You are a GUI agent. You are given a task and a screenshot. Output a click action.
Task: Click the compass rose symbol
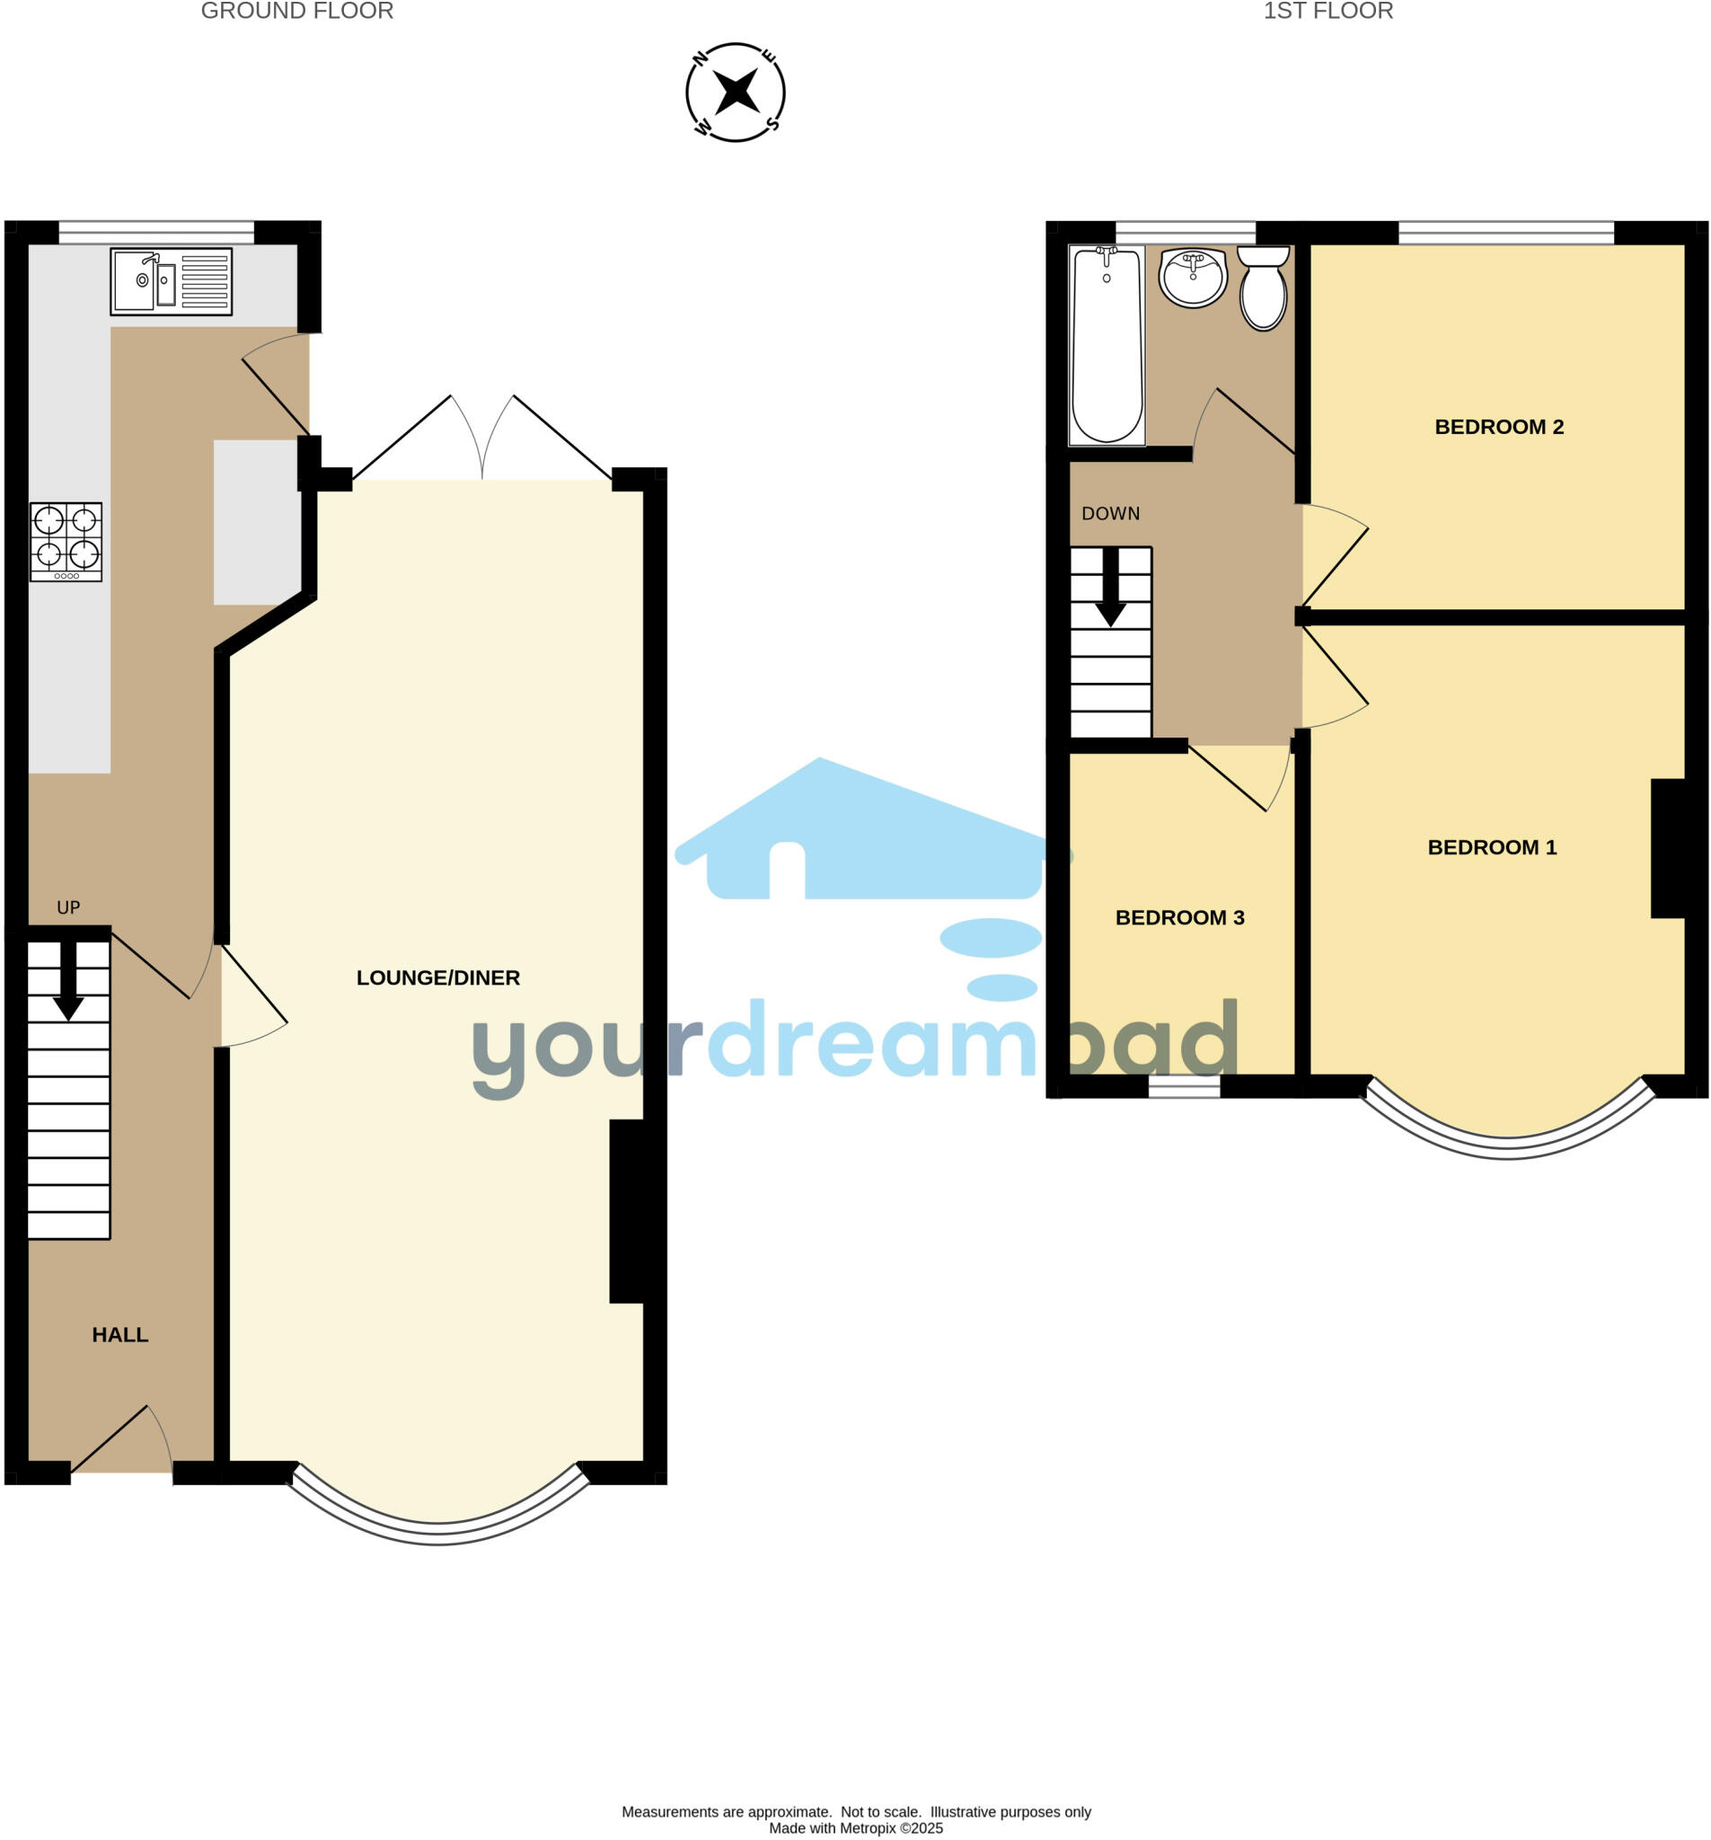(x=735, y=93)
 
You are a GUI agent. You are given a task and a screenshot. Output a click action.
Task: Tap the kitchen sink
(x=171, y=281)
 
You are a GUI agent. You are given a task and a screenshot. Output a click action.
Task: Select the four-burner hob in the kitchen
(x=66, y=542)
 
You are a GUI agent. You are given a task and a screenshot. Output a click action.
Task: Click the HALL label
(x=120, y=1335)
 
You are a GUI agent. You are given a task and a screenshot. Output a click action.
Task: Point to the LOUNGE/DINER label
(x=437, y=977)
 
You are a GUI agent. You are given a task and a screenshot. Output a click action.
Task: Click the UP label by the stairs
(x=68, y=908)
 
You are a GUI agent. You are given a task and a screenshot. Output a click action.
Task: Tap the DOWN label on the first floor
(x=1110, y=514)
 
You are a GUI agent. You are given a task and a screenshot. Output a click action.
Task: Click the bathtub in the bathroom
(x=1107, y=344)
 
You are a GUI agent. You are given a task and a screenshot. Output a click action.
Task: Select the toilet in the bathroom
(x=1263, y=288)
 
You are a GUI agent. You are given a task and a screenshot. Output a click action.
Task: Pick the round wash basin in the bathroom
(x=1194, y=278)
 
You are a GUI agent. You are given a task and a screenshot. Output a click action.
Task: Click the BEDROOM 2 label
(x=1498, y=427)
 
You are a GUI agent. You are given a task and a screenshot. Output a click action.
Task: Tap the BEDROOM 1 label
(x=1492, y=847)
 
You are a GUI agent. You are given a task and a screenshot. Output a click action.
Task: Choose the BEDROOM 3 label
(x=1179, y=917)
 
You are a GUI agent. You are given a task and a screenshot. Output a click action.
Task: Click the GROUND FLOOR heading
(x=297, y=11)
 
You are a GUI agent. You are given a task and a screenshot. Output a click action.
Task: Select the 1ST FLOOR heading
(x=1327, y=11)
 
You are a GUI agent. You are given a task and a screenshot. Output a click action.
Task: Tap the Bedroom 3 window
(x=1184, y=1088)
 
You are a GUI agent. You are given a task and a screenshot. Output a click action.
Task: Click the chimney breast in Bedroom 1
(x=1668, y=849)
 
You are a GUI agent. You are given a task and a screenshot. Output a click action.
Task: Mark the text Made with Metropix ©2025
(x=856, y=1828)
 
